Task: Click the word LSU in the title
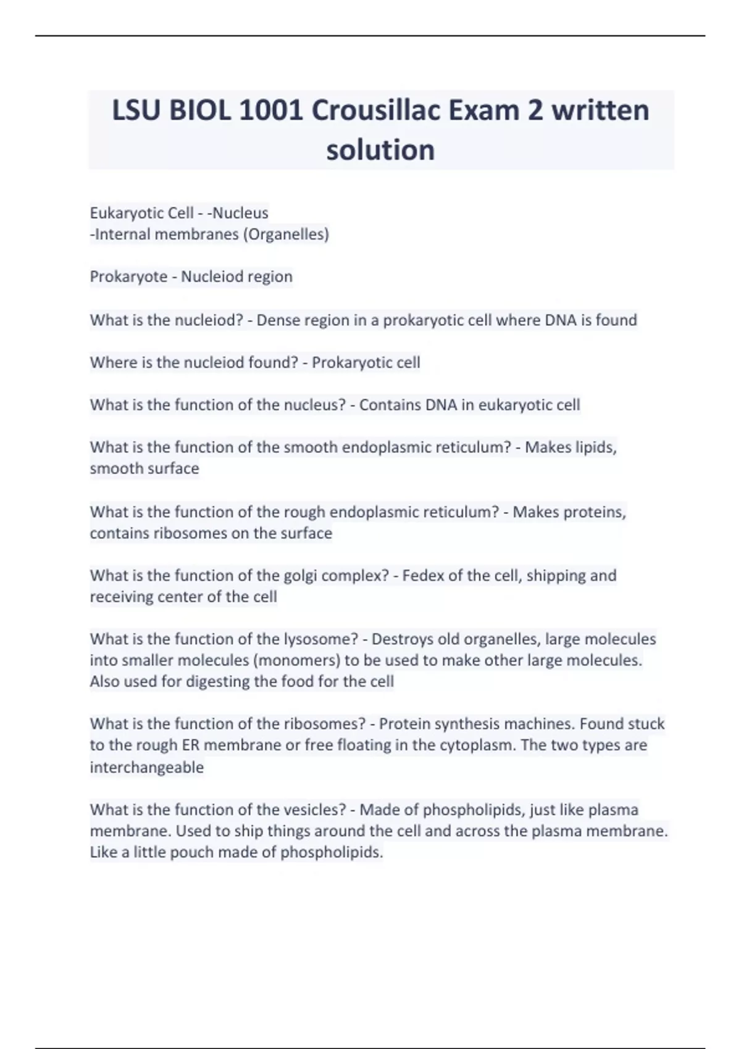[x=136, y=111]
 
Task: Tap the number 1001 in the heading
[x=270, y=111]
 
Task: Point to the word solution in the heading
[x=380, y=150]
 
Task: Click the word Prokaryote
[x=128, y=276]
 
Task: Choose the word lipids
[x=595, y=447]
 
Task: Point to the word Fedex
[x=423, y=576]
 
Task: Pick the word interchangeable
[x=146, y=768]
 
